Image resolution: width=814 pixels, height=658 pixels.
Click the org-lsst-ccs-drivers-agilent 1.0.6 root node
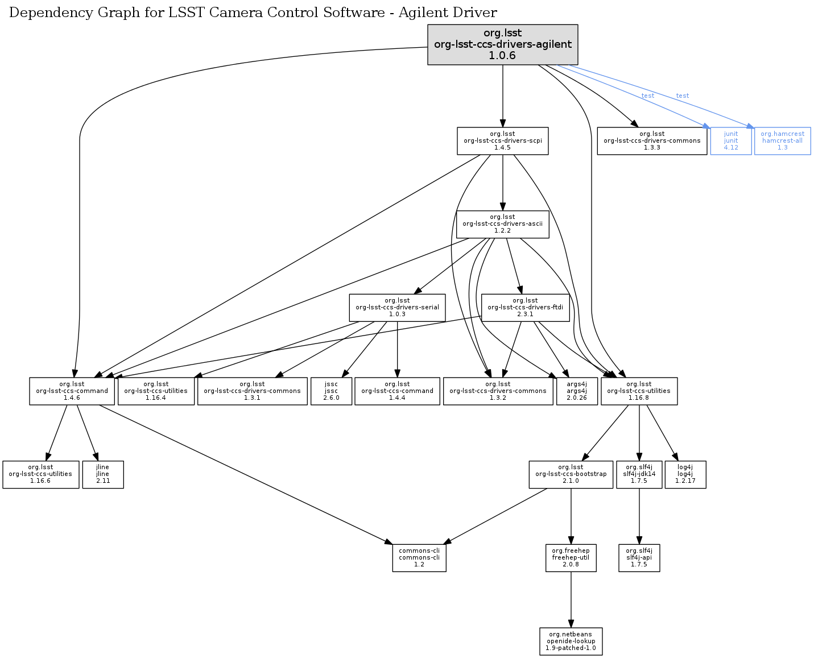click(502, 44)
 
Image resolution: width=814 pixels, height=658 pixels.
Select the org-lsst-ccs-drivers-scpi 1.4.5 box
click(502, 140)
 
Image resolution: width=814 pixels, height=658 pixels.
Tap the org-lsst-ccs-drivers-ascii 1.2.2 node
click(502, 224)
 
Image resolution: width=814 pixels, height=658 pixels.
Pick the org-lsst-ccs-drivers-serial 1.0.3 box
click(397, 307)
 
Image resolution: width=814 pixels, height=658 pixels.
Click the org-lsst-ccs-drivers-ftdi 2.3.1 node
click(524, 307)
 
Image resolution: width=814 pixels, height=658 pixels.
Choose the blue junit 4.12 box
click(730, 140)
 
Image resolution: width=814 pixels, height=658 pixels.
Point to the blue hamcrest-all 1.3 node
click(782, 140)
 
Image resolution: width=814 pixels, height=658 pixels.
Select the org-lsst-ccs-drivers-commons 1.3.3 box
click(651, 140)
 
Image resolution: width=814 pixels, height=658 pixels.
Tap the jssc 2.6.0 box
click(331, 391)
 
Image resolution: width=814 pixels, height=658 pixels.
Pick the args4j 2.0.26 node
click(577, 391)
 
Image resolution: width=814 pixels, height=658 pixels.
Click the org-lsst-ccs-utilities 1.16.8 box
click(638, 391)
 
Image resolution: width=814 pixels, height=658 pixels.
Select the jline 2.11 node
click(102, 474)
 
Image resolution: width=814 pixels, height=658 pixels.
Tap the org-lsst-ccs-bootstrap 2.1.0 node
click(571, 474)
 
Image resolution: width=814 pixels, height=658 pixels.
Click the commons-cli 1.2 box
click(419, 557)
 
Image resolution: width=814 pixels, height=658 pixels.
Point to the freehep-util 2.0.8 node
click(571, 557)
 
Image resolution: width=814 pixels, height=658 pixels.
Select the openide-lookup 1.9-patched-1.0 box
click(571, 641)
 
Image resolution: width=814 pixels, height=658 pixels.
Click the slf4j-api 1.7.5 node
click(639, 557)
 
